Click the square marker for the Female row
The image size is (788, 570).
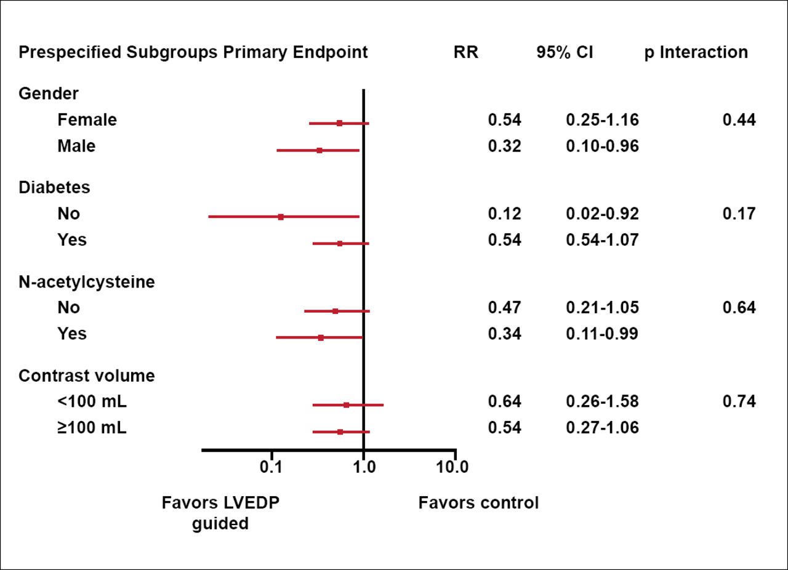(339, 123)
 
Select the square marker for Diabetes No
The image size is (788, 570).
(281, 217)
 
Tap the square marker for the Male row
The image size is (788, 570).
(319, 150)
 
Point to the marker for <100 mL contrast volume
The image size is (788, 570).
(346, 405)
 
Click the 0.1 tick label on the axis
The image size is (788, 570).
(271, 467)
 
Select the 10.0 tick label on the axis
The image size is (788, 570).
(452, 467)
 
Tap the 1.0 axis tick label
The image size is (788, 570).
(364, 467)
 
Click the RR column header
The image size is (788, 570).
(465, 52)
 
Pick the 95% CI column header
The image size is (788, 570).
(565, 52)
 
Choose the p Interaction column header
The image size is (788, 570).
(696, 52)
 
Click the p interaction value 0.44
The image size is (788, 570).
(739, 120)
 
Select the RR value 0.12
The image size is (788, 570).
(504, 214)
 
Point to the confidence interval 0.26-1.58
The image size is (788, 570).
(602, 402)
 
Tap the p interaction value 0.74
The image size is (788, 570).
(739, 402)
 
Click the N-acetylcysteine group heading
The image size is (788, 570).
(87, 282)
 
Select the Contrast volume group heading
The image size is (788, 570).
(87, 375)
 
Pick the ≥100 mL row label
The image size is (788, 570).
(92, 428)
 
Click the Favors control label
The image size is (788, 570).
(478, 503)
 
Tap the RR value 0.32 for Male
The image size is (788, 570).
(504, 147)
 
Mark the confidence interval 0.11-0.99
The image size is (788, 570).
(602, 334)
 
